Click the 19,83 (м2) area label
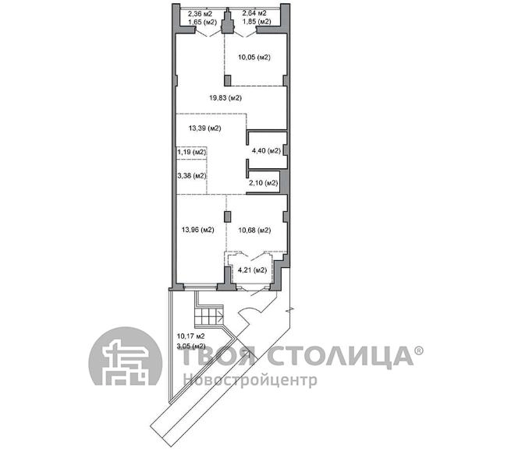(x=225, y=97)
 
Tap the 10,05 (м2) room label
(x=254, y=58)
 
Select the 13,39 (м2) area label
(x=204, y=129)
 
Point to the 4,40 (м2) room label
(x=266, y=150)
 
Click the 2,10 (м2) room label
(x=264, y=183)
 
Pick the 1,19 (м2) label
(x=192, y=152)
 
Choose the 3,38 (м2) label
(x=192, y=176)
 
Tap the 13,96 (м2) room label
(x=198, y=230)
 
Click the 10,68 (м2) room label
(x=254, y=230)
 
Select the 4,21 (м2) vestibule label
(x=252, y=270)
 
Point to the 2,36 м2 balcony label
(x=200, y=14)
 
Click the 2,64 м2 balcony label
(x=254, y=13)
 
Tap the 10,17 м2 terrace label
(x=190, y=336)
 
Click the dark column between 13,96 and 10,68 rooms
(x=228, y=217)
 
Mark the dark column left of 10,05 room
(x=228, y=80)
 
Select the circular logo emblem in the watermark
(x=125, y=356)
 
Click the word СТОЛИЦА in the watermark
(x=340, y=356)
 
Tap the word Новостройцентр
(x=250, y=380)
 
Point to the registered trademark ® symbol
(x=419, y=351)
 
